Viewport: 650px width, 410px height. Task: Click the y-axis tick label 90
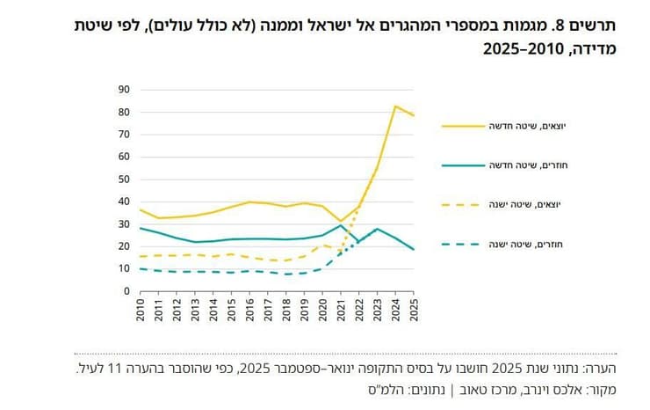[x=124, y=89]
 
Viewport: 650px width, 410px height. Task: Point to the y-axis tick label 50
[x=124, y=179]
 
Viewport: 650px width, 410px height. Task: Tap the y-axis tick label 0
[x=126, y=291]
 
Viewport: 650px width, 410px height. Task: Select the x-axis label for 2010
[x=140, y=310]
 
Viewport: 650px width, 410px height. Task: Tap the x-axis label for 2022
[x=359, y=310]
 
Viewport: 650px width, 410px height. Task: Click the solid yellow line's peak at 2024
[x=396, y=106]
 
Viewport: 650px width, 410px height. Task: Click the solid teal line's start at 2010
[x=140, y=228]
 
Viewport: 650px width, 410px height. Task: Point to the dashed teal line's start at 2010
[x=140, y=268]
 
